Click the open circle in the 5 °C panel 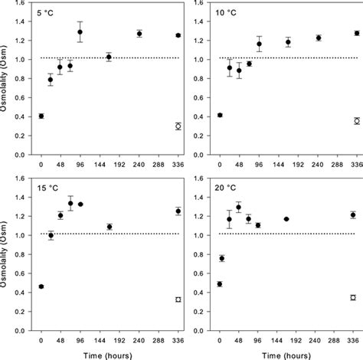pyautogui.click(x=178, y=126)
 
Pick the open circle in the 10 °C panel pyautogui.click(x=357, y=121)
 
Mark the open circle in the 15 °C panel pyautogui.click(x=178, y=299)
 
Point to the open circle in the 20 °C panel pyautogui.click(x=353, y=297)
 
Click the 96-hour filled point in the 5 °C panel pyautogui.click(x=80, y=32)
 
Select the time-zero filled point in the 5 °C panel pyautogui.click(x=41, y=116)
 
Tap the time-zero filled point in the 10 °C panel pyautogui.click(x=220, y=115)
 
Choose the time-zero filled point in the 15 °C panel pyautogui.click(x=41, y=286)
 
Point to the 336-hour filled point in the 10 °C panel pyautogui.click(x=357, y=33)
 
